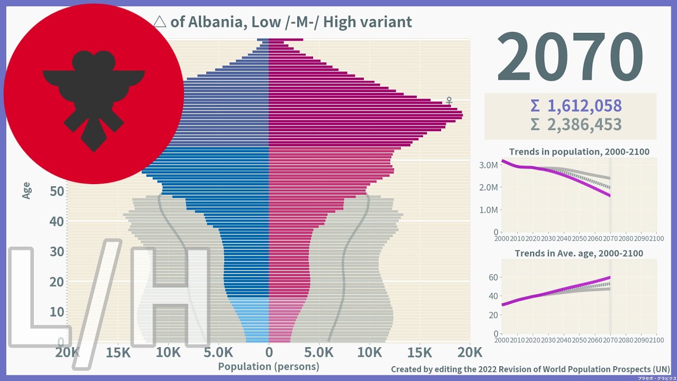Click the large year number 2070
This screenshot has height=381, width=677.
tap(570, 57)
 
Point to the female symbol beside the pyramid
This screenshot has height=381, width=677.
tap(449, 100)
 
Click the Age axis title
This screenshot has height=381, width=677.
tap(26, 190)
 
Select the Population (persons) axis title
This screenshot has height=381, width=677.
tap(269, 366)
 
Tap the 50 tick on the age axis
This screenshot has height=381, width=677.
tap(54, 191)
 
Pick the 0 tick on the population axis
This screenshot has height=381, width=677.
tap(269, 352)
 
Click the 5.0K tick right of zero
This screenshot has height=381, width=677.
tap(319, 352)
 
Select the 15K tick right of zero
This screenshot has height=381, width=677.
tap(419, 352)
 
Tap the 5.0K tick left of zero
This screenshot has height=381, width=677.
tap(218, 352)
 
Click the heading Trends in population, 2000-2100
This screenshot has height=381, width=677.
tap(579, 152)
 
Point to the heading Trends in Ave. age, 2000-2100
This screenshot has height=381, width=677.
tap(579, 253)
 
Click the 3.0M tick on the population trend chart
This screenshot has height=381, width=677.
tap(488, 165)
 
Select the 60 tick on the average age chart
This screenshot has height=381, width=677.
tap(492, 277)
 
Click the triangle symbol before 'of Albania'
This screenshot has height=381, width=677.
tap(159, 22)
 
